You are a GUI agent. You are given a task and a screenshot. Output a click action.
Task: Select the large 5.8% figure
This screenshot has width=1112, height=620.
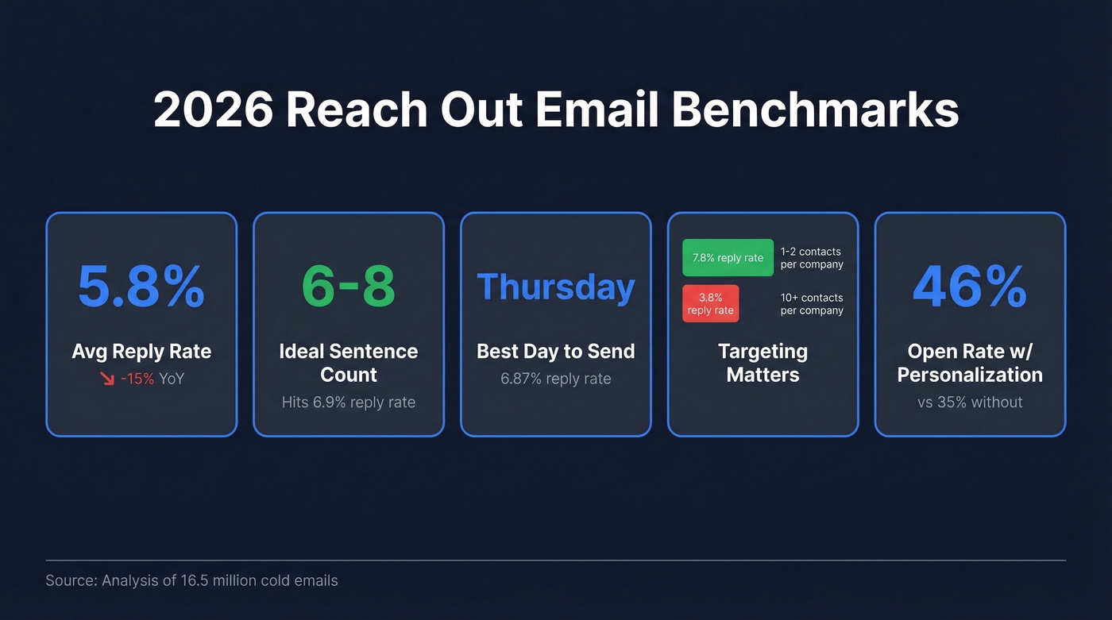coord(141,287)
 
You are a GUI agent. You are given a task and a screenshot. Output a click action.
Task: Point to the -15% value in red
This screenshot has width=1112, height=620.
coord(137,379)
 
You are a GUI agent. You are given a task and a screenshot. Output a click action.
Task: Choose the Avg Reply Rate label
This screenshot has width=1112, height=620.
coord(141,351)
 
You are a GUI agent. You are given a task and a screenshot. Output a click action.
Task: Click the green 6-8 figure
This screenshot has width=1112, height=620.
coord(349,287)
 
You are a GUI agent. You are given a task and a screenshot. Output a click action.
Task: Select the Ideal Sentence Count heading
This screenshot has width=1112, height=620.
coord(349,363)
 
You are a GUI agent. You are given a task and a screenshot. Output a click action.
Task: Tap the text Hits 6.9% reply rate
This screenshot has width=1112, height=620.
coord(349,402)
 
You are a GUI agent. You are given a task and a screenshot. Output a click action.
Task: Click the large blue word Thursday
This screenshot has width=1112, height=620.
coord(556,287)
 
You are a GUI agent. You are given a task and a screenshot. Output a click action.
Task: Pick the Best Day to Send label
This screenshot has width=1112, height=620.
coord(556,351)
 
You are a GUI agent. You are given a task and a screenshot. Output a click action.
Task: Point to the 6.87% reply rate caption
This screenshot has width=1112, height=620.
coord(556,379)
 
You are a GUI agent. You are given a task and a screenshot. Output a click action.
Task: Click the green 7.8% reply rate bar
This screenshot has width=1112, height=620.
coord(728,257)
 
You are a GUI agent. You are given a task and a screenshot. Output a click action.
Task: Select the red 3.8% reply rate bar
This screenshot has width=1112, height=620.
coord(710,303)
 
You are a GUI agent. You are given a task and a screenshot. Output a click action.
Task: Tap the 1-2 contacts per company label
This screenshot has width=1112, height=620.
coord(811,258)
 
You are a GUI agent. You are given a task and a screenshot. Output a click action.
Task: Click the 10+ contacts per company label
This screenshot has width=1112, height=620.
coord(811,304)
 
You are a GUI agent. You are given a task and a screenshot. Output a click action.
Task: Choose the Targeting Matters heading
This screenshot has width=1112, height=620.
coord(763,363)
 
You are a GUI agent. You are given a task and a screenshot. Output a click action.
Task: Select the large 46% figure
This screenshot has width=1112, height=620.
coord(970,287)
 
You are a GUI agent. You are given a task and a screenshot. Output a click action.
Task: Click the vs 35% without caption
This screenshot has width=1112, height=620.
coord(970,402)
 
